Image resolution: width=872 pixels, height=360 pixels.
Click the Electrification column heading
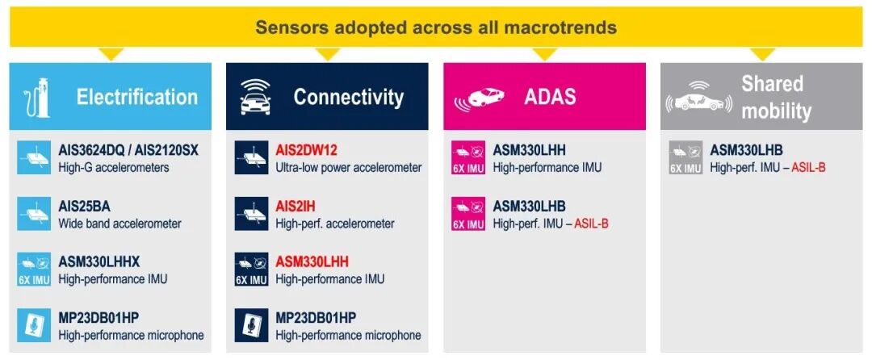click(136, 97)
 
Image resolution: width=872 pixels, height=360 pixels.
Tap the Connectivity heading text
click(349, 97)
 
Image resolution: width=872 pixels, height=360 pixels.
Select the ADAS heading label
click(550, 97)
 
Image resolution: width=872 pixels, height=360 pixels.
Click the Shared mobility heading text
click(777, 97)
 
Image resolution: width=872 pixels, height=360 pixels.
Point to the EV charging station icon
click(37, 98)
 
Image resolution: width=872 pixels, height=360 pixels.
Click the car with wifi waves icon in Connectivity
click(255, 97)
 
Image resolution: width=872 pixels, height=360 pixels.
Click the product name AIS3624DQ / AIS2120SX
click(128, 151)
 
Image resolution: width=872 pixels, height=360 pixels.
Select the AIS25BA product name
click(85, 207)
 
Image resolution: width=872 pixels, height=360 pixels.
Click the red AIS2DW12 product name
click(307, 151)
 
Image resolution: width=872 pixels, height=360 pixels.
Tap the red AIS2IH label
click(296, 207)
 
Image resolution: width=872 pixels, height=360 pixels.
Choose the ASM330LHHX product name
click(100, 262)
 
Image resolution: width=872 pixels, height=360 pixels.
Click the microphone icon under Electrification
click(34, 325)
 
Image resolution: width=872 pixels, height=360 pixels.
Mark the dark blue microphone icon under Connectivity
click(251, 325)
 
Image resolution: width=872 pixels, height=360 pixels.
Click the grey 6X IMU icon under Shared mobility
click(685, 157)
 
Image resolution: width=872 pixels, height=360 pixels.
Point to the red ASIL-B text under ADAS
click(591, 224)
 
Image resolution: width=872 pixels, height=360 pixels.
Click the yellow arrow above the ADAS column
click(544, 54)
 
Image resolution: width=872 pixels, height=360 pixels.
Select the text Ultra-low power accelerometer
click(349, 168)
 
